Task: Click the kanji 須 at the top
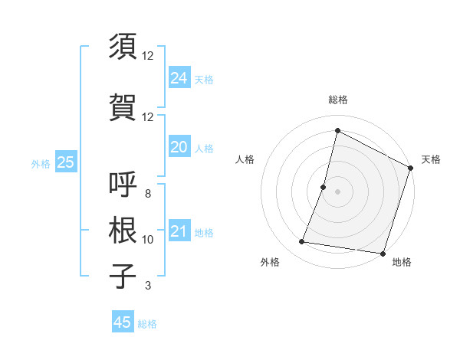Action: pos(123,46)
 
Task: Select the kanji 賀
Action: pos(123,106)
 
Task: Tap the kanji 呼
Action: pos(123,185)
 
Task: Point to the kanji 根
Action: pos(123,230)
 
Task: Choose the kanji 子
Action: pos(123,276)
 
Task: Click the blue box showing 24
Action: pos(179,77)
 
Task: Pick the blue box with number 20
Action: pos(179,147)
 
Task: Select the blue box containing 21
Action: pos(179,231)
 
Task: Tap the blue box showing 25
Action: pos(65,162)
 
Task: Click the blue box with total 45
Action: pos(123,322)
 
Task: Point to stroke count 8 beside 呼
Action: pos(148,194)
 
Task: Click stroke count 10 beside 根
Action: pos(148,240)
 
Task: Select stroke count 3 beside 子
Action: pos(148,286)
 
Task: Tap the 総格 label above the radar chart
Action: pos(337,100)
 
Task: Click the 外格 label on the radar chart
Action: pos(270,262)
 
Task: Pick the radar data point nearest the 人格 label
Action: pos(324,187)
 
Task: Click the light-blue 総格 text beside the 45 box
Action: pos(147,324)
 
